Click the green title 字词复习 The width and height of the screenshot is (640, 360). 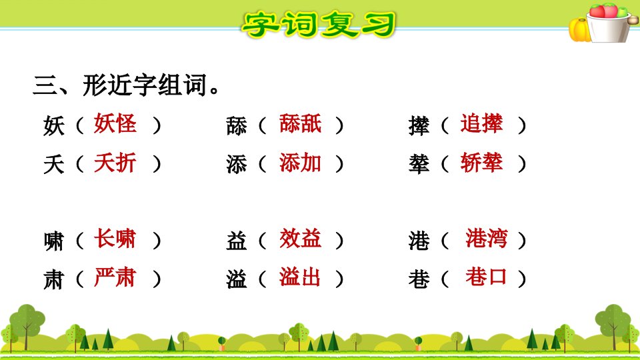[x=319, y=25]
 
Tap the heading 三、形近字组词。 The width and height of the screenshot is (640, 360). [x=127, y=85]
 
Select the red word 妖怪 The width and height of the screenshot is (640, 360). [x=115, y=124]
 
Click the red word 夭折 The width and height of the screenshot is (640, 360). [x=115, y=163]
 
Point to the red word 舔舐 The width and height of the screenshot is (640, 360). [x=301, y=124]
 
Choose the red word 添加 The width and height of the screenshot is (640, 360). [x=301, y=163]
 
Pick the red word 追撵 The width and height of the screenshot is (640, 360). [x=481, y=124]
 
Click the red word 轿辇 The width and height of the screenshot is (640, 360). [x=481, y=163]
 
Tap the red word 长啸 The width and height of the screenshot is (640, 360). [x=115, y=239]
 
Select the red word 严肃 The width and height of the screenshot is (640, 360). [x=115, y=277]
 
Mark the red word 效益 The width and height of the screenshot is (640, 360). [x=301, y=239]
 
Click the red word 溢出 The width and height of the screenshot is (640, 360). [x=301, y=277]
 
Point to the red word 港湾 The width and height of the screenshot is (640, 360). [x=487, y=239]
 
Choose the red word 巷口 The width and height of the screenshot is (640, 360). [x=487, y=277]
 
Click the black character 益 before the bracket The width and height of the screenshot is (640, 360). [x=237, y=241]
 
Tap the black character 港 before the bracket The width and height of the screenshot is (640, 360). [x=419, y=241]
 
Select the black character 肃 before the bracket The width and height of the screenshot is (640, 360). [x=54, y=280]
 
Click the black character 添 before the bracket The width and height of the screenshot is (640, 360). [x=237, y=165]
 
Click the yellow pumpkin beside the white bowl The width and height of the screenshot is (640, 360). [x=579, y=30]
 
